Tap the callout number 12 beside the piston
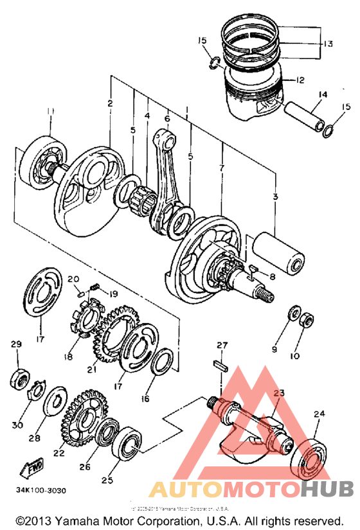[300, 80]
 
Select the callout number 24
[318, 414]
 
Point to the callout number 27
[222, 346]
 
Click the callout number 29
[16, 345]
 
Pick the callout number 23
[279, 393]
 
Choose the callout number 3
[276, 196]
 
